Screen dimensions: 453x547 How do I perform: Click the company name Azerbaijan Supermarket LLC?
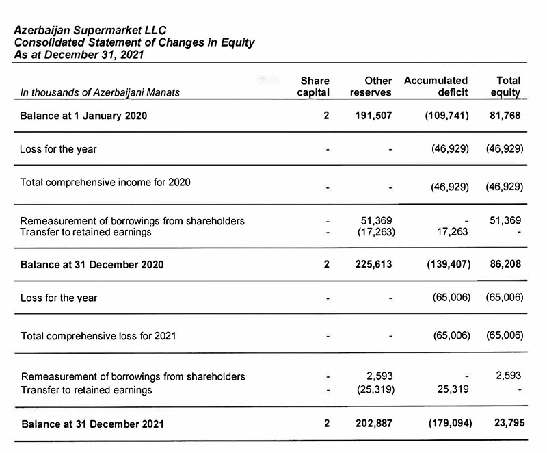click(90, 30)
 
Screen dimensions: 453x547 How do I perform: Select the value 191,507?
click(373, 116)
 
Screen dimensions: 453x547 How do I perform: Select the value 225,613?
click(373, 264)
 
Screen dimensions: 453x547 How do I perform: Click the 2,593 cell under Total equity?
click(509, 375)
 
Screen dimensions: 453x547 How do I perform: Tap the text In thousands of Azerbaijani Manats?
click(101, 92)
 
